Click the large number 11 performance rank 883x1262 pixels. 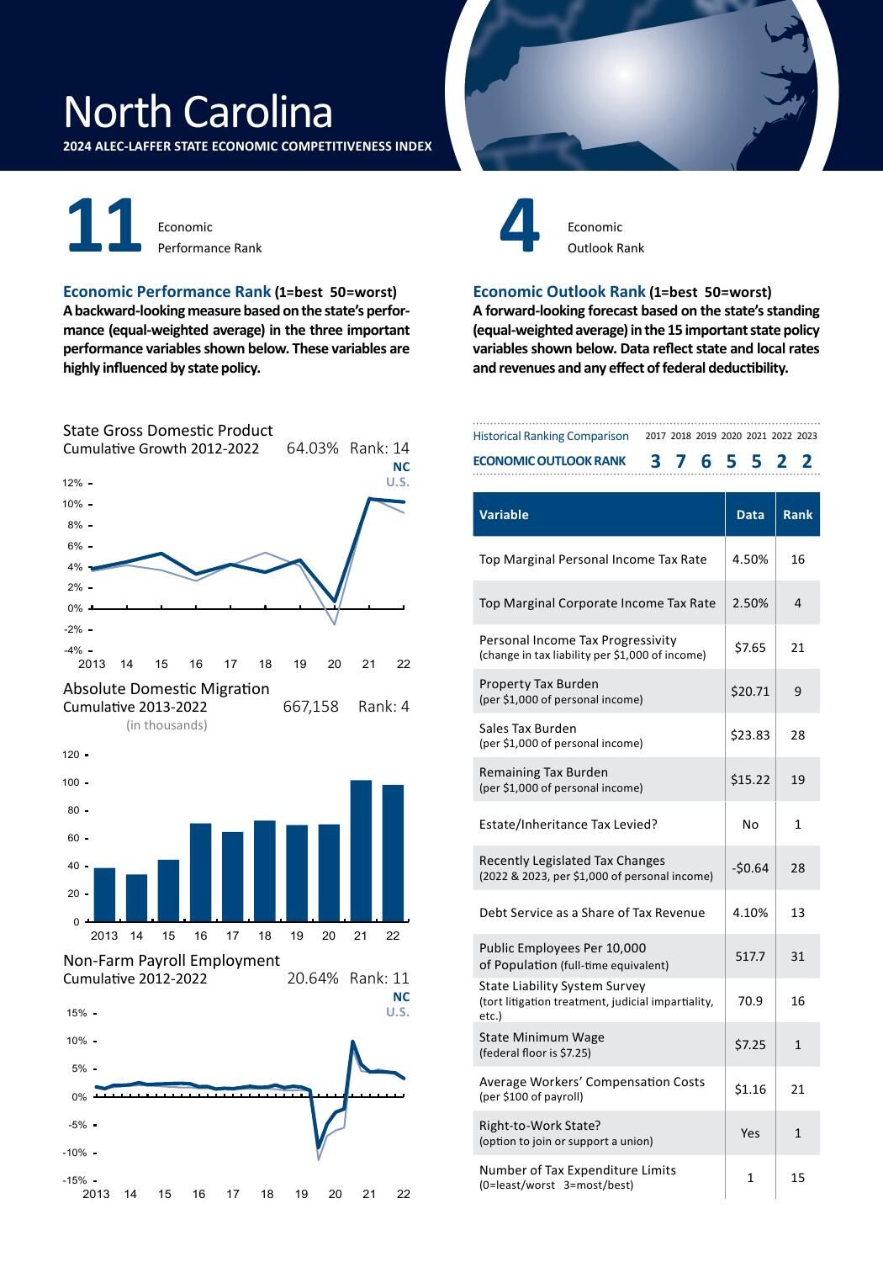tap(103, 225)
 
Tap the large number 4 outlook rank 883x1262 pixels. tap(519, 225)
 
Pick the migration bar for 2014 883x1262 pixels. tap(136, 897)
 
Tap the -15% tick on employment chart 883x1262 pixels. tap(77, 1180)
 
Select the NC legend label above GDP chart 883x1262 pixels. tap(401, 466)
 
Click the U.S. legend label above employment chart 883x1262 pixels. tap(398, 1012)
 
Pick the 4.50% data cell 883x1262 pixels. tap(750, 559)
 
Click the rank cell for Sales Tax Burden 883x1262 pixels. tap(797, 735)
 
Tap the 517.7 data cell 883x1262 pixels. tap(750, 957)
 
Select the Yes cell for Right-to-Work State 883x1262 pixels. tap(750, 1133)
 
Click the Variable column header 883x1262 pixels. tap(504, 515)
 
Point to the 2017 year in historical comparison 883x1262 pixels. tap(655, 436)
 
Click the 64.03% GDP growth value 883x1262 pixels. tap(312, 448)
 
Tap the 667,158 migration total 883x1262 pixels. tap(310, 707)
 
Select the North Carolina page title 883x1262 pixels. tap(198, 112)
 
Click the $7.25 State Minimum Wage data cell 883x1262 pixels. tap(750, 1045)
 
